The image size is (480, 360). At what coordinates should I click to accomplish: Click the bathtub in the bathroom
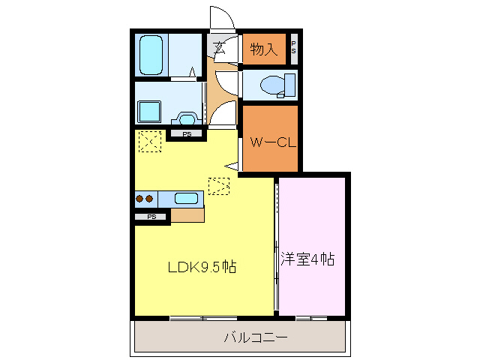152,54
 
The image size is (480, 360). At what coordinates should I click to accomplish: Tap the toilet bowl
271,85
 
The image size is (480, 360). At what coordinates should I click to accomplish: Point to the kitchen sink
186,199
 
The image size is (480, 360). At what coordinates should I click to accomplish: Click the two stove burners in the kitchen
145,199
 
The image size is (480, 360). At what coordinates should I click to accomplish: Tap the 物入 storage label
264,49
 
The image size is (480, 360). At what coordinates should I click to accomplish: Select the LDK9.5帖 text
201,266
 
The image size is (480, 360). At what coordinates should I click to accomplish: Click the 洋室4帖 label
307,259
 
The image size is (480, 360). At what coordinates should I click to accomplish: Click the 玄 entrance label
220,48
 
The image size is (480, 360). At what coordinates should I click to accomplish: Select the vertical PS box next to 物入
293,49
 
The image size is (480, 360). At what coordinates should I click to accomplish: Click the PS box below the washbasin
187,134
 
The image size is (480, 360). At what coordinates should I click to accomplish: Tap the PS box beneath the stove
152,217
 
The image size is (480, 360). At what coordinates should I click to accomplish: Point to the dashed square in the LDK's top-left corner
150,141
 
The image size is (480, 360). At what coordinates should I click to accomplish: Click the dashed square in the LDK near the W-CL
219,185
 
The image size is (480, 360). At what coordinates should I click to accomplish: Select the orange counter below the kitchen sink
187,215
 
